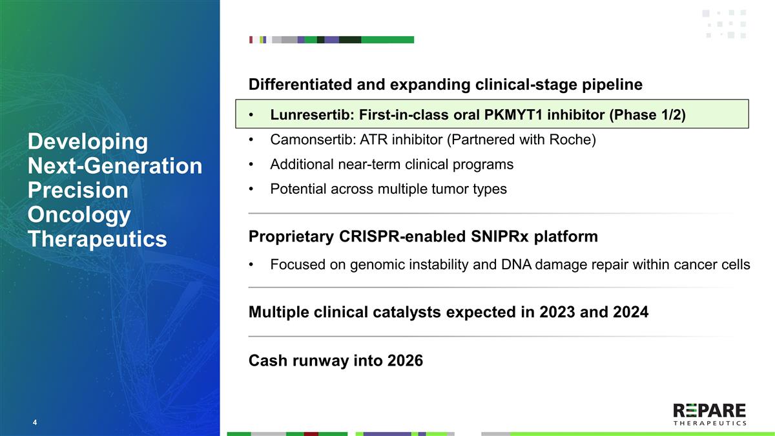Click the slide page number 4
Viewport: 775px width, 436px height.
[x=35, y=422]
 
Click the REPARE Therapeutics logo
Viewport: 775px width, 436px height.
[x=710, y=415]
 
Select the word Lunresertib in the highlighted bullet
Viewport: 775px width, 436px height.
[x=312, y=114]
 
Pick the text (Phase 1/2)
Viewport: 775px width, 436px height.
[x=647, y=115]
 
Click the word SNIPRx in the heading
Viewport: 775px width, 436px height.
[x=500, y=236]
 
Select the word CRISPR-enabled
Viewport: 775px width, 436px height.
[x=402, y=236]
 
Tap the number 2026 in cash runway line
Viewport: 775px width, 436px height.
[x=405, y=360]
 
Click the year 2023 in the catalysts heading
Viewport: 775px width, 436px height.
[x=557, y=312]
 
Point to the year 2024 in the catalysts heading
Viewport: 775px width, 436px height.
[x=631, y=312]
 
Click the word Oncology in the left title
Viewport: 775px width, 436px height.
[x=79, y=215]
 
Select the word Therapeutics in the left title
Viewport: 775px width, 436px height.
[x=98, y=239]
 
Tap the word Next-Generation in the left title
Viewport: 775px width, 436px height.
[x=115, y=166]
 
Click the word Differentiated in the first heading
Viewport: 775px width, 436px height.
[x=300, y=85]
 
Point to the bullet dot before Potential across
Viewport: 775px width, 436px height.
[x=251, y=189]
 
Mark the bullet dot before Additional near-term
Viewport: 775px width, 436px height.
[x=251, y=165]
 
